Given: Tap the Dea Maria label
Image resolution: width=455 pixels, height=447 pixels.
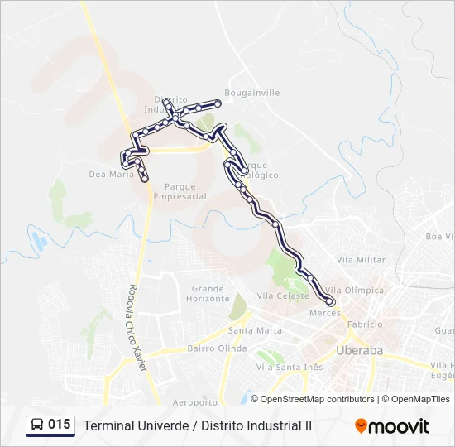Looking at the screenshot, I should (x=111, y=175).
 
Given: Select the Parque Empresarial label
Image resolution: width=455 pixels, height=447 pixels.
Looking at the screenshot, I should (x=180, y=191).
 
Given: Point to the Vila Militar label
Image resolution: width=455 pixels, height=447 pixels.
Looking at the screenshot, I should (x=361, y=260).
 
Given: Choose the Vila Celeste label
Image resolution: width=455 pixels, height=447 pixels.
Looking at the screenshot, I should (x=283, y=296).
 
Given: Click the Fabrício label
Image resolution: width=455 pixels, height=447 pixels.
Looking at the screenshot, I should (x=365, y=324).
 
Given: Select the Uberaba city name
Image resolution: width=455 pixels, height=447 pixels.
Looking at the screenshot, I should (x=360, y=351).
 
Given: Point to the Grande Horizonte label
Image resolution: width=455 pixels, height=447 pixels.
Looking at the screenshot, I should (x=208, y=294).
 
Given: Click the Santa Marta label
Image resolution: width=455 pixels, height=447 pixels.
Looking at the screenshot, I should (x=255, y=330).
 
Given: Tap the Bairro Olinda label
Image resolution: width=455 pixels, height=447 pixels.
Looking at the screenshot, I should (x=217, y=348).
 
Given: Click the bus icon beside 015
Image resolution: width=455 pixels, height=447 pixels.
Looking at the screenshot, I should (x=37, y=425).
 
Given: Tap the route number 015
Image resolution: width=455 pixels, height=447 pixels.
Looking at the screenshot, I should (x=60, y=425).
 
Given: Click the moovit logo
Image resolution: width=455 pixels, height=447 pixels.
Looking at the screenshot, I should (x=392, y=426).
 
